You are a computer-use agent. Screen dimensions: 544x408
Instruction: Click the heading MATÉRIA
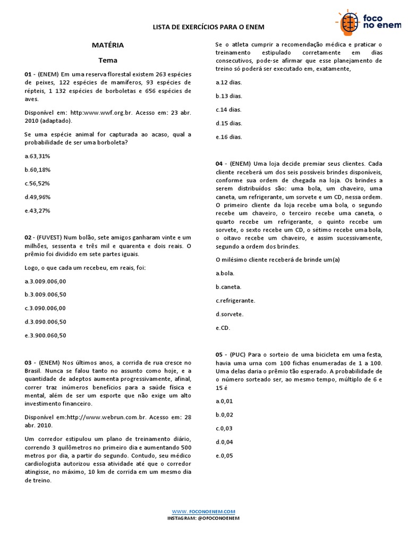tap(108, 45)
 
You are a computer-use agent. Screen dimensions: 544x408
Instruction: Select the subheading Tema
tap(108, 60)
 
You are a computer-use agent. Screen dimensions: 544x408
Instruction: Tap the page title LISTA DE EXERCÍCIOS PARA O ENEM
tap(208, 27)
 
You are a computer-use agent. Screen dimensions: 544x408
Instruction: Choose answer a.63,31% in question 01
tap(37, 156)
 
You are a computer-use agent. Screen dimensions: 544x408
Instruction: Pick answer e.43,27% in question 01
tap(37, 210)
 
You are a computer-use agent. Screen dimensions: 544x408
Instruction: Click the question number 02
tap(29, 237)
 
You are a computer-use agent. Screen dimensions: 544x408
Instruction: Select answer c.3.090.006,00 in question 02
tap(45, 308)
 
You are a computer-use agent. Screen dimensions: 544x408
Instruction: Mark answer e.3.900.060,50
tap(45, 335)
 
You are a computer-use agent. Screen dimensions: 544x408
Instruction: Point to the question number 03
tap(29, 362)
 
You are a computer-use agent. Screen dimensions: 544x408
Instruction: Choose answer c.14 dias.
tap(228, 109)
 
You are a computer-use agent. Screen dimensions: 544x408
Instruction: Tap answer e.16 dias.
tap(228, 137)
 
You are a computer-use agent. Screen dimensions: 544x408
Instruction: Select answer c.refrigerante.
tap(236, 300)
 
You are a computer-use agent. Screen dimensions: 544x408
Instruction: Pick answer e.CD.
tap(223, 328)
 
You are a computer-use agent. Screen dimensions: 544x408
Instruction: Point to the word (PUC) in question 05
tap(239, 354)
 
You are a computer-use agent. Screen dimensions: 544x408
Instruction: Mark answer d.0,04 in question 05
tap(224, 442)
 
